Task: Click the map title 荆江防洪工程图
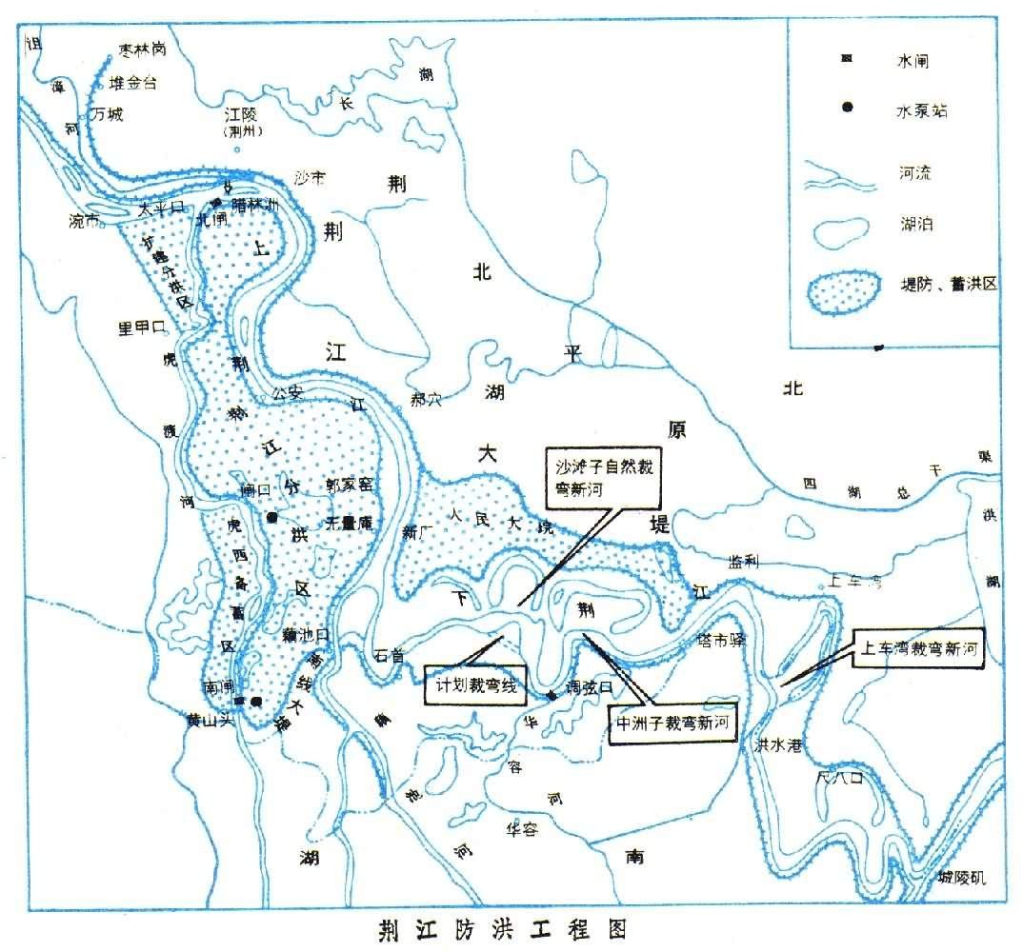coord(500,926)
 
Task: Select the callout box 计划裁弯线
coord(474,684)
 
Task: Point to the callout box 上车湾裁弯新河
coord(919,649)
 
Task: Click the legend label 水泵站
coord(922,110)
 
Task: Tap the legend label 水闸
coord(912,61)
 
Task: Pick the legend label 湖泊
coord(914,225)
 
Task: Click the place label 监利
coord(744,561)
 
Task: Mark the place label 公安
coord(287,391)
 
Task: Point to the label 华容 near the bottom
coord(521,828)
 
